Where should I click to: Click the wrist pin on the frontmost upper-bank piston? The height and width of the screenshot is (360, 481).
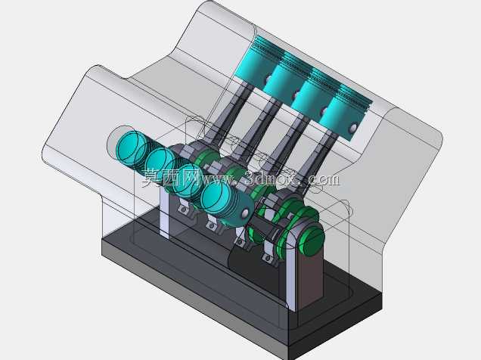point(353,129)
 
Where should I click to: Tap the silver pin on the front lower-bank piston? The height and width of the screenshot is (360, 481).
point(245,213)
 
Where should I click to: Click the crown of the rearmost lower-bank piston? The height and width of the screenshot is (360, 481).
point(130,147)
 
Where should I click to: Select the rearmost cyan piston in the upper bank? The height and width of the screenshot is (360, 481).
point(253,64)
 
